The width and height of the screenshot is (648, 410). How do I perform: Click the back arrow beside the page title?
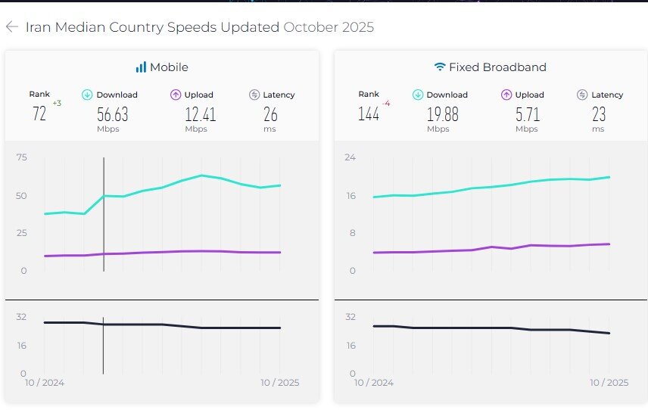(11, 27)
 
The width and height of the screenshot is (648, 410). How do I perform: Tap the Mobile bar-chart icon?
(141, 67)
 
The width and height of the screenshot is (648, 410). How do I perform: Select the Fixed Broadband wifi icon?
(440, 67)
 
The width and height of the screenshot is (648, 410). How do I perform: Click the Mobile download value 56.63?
(113, 114)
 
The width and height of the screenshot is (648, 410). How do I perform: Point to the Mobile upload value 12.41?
(201, 114)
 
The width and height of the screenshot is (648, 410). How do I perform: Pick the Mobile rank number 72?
(39, 114)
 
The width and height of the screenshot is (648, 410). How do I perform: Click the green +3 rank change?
(57, 104)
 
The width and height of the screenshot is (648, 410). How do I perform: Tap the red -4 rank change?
(386, 104)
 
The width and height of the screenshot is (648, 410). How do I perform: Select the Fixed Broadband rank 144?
(369, 114)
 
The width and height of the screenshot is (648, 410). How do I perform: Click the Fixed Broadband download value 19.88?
(443, 114)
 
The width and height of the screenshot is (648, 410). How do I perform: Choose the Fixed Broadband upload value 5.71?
(528, 114)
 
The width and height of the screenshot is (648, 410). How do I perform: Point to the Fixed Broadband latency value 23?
(599, 114)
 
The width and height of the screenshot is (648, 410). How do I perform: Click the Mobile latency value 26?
(270, 114)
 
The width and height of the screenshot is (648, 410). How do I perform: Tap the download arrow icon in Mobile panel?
(87, 95)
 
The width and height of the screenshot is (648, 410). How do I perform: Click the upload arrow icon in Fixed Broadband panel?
(506, 95)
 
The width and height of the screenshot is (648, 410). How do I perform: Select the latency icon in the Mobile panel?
(254, 95)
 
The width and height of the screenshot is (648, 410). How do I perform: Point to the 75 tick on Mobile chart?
(21, 157)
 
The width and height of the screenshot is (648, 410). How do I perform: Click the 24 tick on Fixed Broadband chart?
(350, 157)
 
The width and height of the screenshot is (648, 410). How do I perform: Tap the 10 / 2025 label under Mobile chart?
(279, 383)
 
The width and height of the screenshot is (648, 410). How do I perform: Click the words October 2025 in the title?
(329, 27)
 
